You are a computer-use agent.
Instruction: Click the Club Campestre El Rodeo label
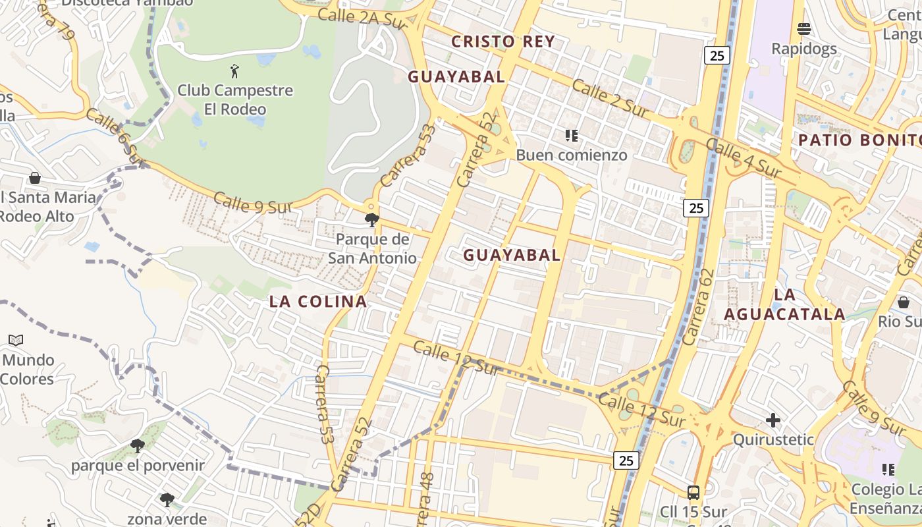click(x=235, y=99)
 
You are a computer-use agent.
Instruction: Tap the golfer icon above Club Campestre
click(x=234, y=70)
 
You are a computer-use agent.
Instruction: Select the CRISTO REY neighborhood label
click(x=503, y=42)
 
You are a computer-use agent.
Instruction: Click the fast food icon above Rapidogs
click(x=803, y=29)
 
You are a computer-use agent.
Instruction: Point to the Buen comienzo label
click(x=571, y=155)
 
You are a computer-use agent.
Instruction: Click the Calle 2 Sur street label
click(x=609, y=99)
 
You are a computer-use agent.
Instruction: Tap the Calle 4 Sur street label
click(x=743, y=158)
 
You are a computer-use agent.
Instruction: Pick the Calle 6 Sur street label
click(x=114, y=135)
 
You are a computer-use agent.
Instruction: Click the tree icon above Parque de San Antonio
click(x=372, y=220)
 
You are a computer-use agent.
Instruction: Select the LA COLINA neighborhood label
click(x=318, y=302)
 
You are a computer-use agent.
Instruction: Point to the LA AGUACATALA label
click(x=784, y=304)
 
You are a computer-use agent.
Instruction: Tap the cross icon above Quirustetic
click(x=773, y=420)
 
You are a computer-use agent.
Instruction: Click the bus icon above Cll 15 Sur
click(x=693, y=492)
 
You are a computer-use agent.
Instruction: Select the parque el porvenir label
click(x=138, y=466)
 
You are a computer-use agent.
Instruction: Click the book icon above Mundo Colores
click(x=16, y=341)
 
